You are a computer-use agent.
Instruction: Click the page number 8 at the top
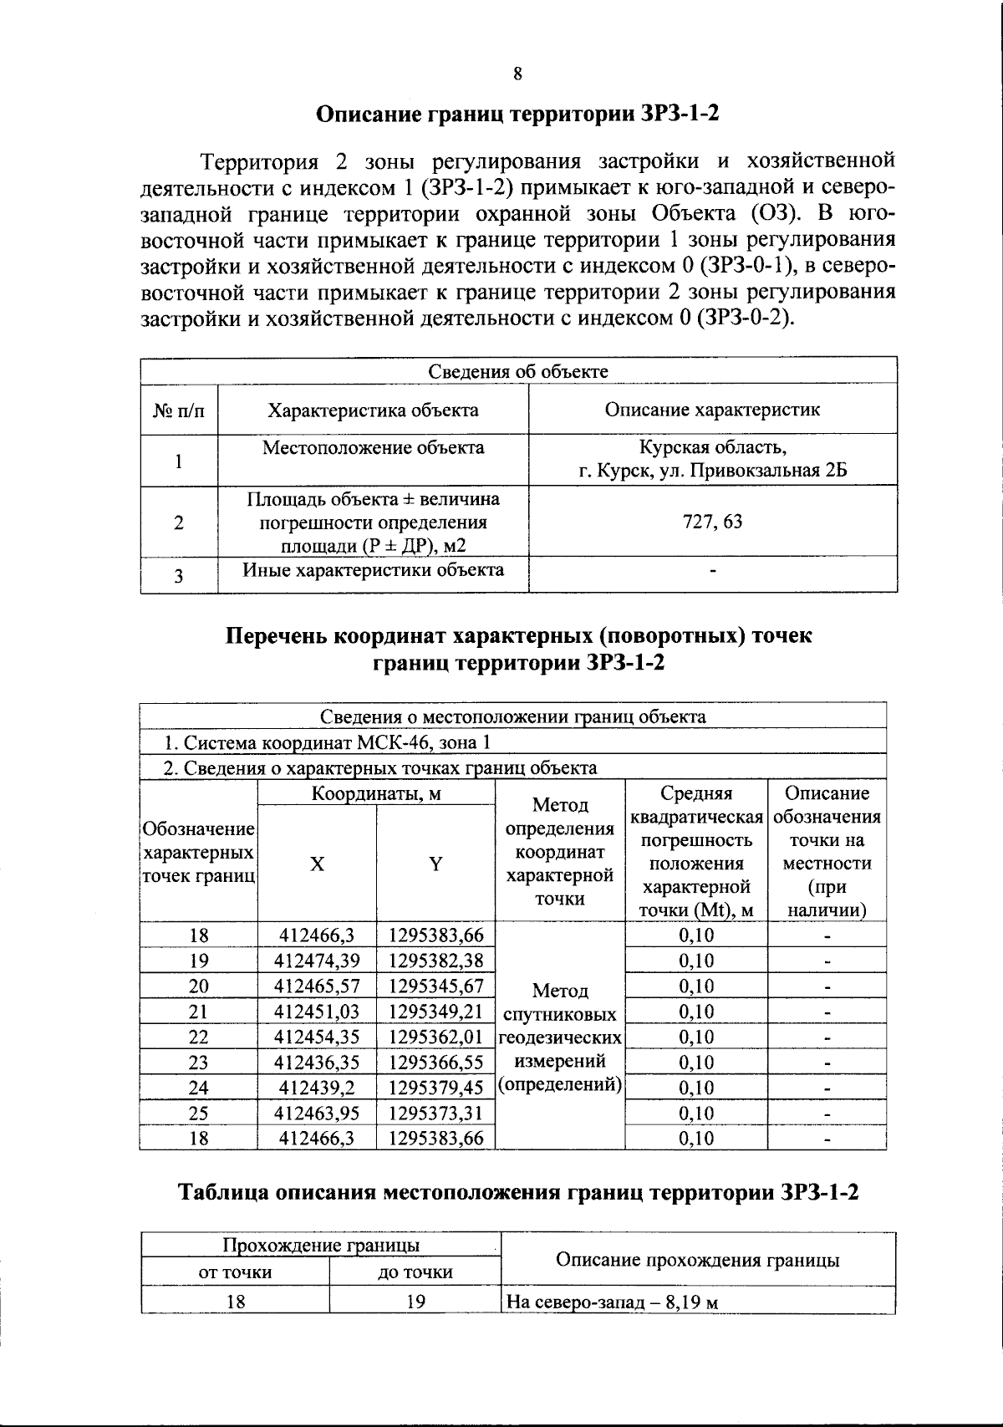[x=517, y=74]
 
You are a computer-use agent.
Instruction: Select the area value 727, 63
[x=712, y=522]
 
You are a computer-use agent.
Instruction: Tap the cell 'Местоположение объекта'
[x=373, y=448]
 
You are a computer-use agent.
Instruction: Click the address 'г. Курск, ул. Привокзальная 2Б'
[x=712, y=471]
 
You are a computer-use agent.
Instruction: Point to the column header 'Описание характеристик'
[x=712, y=410]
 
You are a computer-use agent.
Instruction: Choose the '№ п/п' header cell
[x=179, y=410]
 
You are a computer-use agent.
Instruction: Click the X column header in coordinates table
[x=317, y=864]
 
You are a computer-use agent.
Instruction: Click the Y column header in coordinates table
[x=435, y=864]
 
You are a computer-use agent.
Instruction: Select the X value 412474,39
[x=317, y=961]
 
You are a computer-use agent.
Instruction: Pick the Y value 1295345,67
[x=435, y=986]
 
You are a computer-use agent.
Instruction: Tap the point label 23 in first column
[x=199, y=1063]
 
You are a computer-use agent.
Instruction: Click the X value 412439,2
[x=317, y=1088]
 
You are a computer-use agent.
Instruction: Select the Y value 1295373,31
[x=435, y=1114]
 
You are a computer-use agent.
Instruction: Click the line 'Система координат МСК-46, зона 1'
[x=326, y=742]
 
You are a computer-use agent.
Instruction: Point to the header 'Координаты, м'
[x=376, y=793]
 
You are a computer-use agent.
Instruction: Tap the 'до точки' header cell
[x=415, y=1272]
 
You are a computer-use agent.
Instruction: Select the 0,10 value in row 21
[x=696, y=1012]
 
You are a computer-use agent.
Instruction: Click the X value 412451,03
[x=317, y=1012]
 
